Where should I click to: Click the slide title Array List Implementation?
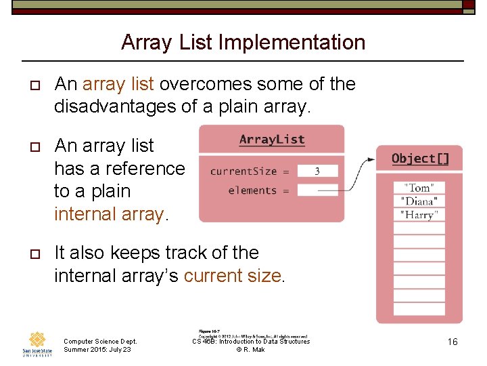coord(243,43)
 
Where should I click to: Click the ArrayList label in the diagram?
coord(272,140)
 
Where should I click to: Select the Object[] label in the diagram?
coord(420,159)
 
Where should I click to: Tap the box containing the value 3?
coord(317,171)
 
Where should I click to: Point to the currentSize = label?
coord(250,171)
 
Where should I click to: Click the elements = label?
coord(258,190)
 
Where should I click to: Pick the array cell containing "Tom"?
coord(419,188)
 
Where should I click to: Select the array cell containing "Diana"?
coord(419,201)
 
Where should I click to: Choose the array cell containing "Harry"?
coord(419,215)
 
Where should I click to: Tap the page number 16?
coord(452,342)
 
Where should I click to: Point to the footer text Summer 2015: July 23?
coord(97,350)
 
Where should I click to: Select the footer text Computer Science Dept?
coord(100,341)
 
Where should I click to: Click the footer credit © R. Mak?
coord(250,350)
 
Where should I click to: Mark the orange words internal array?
coord(109,214)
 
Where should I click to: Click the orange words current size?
coord(233,276)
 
